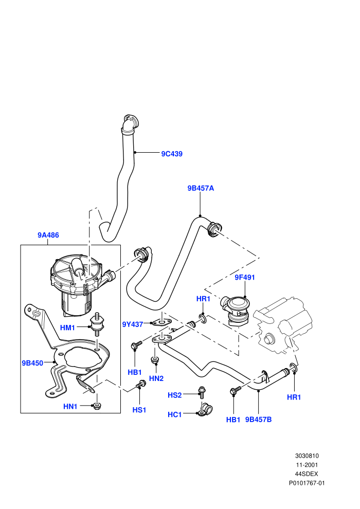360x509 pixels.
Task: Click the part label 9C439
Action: click(172, 154)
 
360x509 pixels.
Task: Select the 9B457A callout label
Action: click(201, 188)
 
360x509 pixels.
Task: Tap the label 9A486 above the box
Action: click(48, 235)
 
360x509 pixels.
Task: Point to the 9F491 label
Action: click(245, 277)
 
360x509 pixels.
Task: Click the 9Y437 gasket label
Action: click(133, 324)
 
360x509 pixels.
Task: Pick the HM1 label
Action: click(67, 328)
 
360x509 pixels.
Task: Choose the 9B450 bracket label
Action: click(32, 363)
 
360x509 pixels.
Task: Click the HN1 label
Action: click(70, 406)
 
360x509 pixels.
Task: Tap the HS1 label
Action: click(139, 410)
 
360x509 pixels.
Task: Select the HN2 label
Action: click(156, 378)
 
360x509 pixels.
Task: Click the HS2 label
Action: click(175, 395)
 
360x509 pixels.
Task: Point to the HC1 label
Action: click(175, 414)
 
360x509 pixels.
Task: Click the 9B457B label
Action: click(258, 420)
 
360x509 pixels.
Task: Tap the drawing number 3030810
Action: click(307, 456)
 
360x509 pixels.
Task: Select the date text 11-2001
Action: click(307, 465)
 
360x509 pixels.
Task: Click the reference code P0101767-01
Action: click(307, 483)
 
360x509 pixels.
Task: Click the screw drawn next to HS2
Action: click(202, 392)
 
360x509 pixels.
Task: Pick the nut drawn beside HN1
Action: click(96, 406)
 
